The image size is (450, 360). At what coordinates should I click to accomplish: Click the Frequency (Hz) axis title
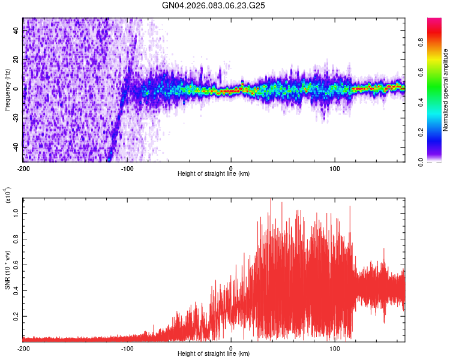[7, 90]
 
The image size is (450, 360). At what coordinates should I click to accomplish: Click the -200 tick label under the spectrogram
[23, 167]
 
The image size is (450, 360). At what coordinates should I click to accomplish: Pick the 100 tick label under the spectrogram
[335, 167]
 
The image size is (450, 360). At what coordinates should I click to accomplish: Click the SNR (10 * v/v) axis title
[7, 270]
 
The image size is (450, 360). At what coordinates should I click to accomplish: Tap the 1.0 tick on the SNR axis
[16, 213]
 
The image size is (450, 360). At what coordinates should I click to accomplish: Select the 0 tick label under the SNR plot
[231, 348]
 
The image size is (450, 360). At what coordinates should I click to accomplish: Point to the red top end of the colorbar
[434, 20]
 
